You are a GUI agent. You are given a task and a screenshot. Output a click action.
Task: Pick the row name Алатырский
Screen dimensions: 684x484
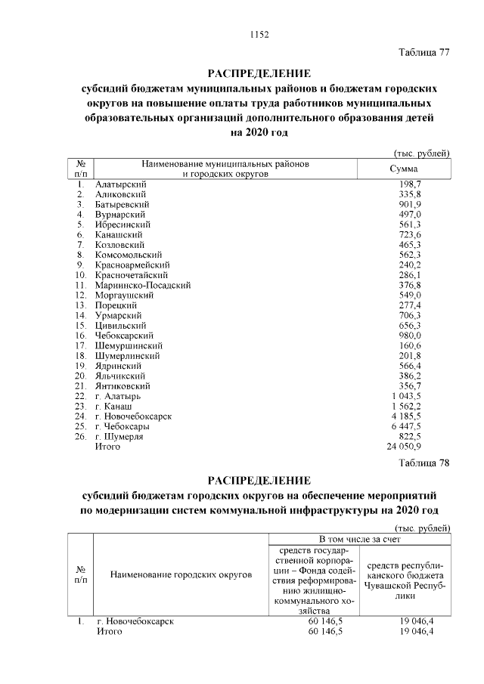point(120,184)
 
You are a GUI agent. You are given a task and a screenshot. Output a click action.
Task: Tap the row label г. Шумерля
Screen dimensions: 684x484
point(119,436)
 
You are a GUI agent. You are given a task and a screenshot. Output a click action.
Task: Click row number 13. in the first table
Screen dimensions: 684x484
point(79,305)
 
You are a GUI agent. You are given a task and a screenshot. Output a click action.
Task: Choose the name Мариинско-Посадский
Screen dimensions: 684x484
point(143,285)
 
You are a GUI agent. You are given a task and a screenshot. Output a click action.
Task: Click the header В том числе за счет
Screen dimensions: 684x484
point(359,539)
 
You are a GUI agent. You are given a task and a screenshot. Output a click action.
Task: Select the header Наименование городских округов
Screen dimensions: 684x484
point(181,575)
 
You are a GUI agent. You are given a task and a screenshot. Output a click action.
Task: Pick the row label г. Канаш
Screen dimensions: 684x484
point(114,406)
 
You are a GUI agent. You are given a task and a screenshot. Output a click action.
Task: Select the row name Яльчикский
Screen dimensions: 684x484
point(119,376)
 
